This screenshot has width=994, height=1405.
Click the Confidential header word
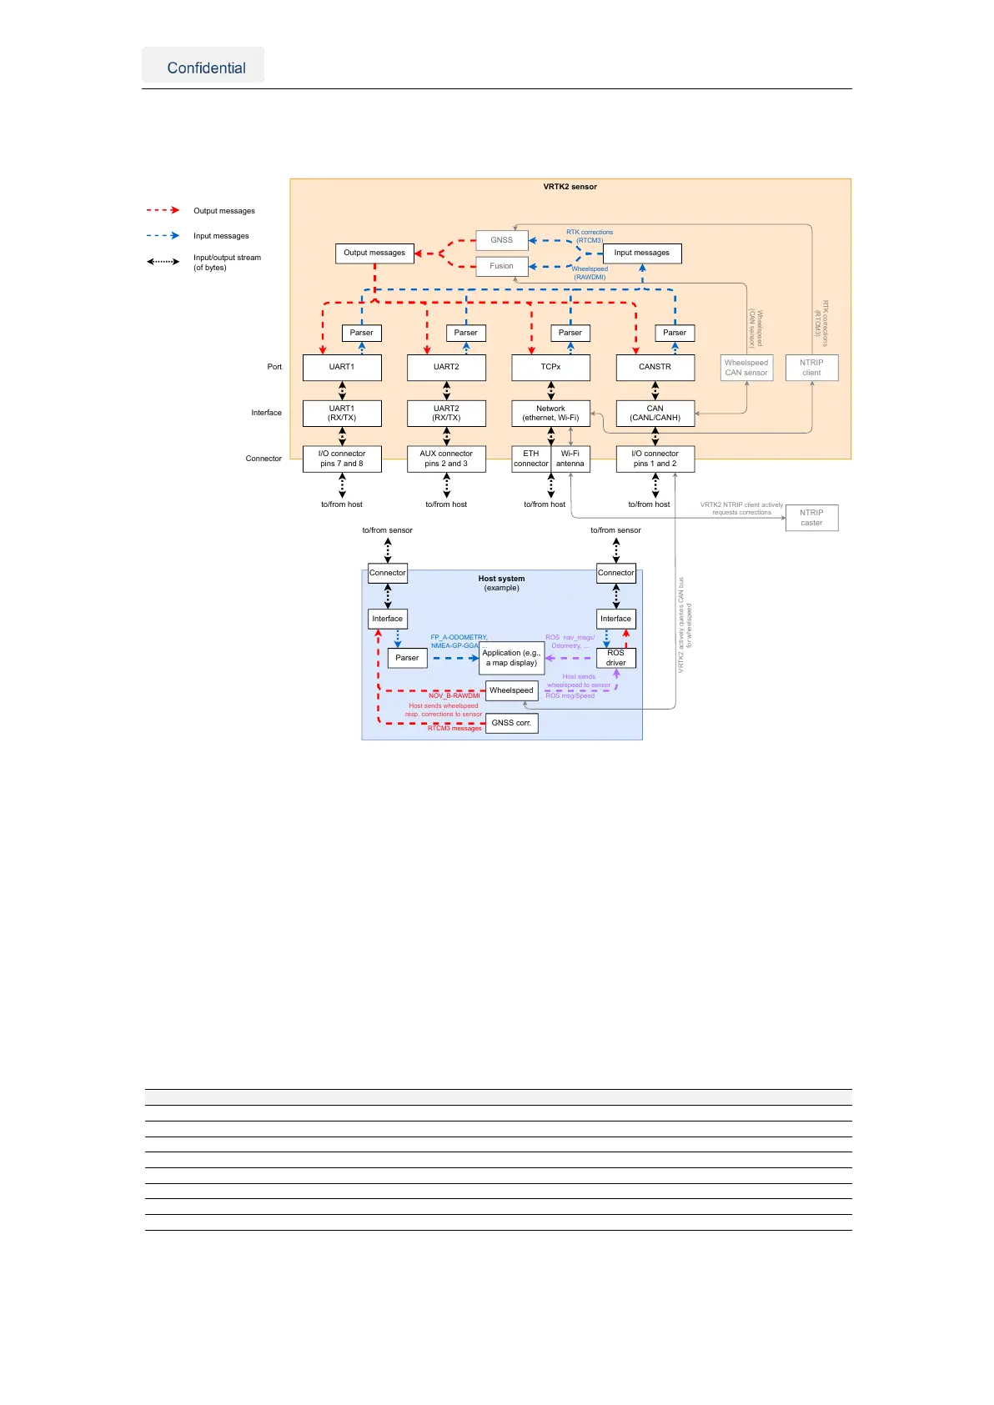click(206, 68)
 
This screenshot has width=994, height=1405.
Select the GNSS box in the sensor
click(501, 240)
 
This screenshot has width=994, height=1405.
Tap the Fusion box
click(501, 266)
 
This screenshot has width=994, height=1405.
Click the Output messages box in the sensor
click(374, 253)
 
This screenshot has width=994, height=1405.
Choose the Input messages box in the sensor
click(641, 253)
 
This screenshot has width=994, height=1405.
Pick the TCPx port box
click(550, 367)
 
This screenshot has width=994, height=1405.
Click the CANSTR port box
click(655, 367)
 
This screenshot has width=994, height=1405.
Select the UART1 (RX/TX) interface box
click(342, 413)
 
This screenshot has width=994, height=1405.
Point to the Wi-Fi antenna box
click(570, 459)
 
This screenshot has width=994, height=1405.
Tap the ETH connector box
click(531, 459)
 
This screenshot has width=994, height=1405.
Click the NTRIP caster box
click(811, 518)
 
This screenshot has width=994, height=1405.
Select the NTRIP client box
click(811, 368)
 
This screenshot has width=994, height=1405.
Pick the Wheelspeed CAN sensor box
click(746, 368)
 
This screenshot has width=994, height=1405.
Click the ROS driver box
click(615, 658)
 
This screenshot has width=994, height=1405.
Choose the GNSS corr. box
click(511, 723)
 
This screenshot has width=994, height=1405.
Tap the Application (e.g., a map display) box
click(511, 658)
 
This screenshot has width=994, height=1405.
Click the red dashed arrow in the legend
click(163, 210)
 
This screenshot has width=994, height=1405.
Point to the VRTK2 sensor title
click(570, 187)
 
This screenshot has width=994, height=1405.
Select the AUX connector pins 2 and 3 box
click(446, 459)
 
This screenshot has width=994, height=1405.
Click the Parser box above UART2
click(465, 333)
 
